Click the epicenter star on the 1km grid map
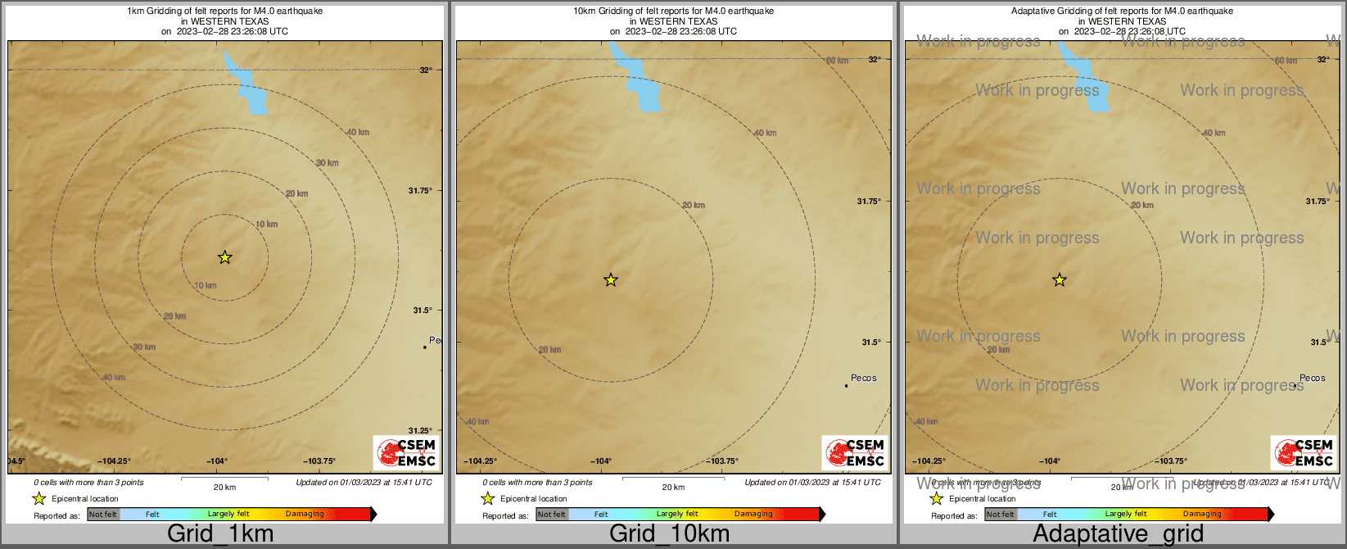(225, 257)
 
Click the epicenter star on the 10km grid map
(610, 280)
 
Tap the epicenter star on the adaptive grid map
(1059, 280)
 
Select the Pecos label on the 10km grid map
(863, 378)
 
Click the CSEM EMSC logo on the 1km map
(407, 452)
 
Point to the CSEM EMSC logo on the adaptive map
(1304, 452)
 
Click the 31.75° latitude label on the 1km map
(420, 191)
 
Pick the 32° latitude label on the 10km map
(875, 59)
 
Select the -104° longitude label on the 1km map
(216, 461)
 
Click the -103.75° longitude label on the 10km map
(721, 461)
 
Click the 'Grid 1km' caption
(220, 534)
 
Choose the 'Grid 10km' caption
(669, 534)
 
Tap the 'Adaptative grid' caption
(1118, 534)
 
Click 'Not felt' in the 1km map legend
(103, 515)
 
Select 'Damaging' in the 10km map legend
(753, 515)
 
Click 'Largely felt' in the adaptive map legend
(1125, 515)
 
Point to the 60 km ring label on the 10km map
(837, 61)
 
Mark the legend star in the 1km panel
(38, 498)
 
